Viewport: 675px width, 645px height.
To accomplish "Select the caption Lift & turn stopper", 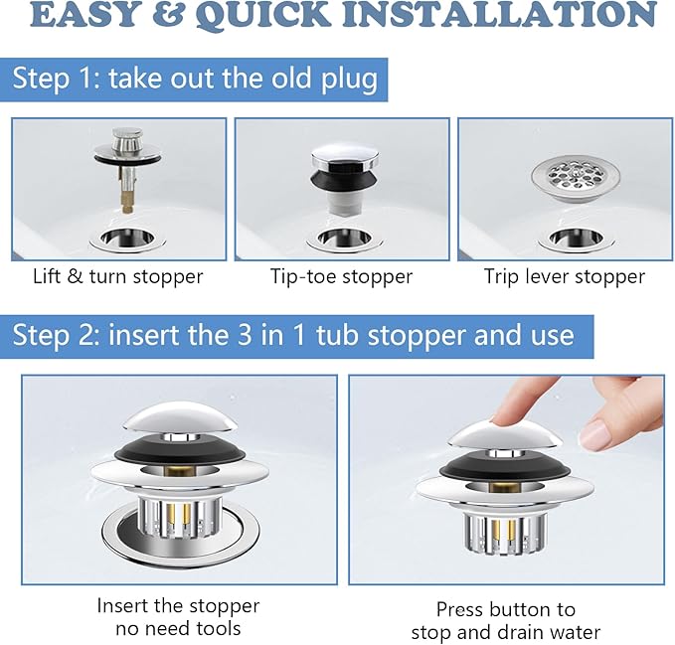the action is click(117, 276).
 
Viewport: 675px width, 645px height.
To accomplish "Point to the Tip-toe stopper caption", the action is click(341, 276).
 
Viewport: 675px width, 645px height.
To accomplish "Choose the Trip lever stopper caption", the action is click(565, 276).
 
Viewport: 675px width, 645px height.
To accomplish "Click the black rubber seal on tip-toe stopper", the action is click(344, 180).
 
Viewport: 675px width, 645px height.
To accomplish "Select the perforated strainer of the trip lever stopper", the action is click(576, 179).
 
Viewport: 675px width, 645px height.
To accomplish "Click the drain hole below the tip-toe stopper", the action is click(344, 238).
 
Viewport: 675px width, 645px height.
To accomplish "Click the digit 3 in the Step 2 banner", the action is click(245, 335).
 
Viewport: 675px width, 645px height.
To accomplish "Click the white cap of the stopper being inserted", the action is click(180, 417).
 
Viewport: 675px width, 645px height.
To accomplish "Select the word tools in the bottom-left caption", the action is click(219, 629).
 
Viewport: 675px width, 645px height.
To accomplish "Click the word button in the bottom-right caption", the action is click(523, 609).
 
